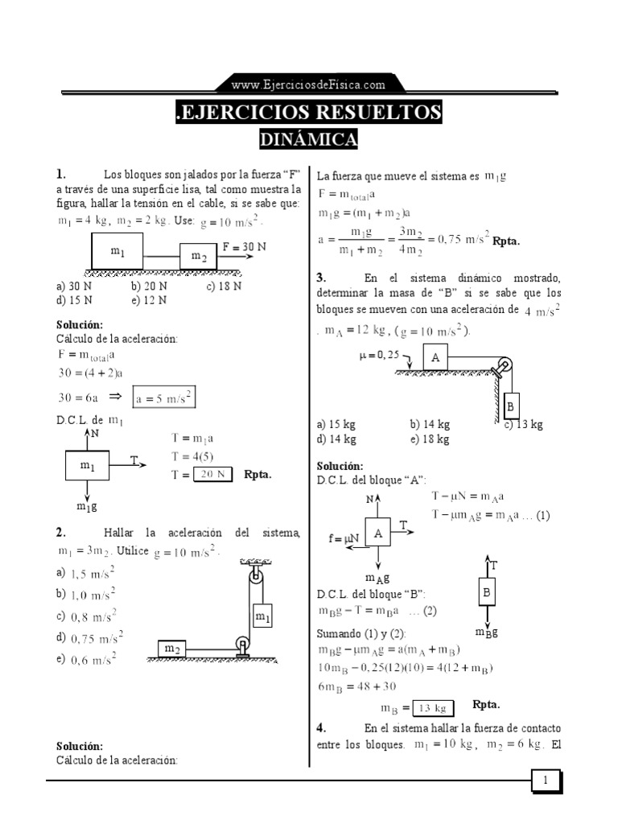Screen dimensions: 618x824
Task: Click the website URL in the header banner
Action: (x=308, y=84)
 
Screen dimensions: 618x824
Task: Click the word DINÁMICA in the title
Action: (x=308, y=139)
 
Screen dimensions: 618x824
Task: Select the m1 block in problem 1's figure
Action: (x=117, y=251)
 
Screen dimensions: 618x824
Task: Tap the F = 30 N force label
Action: (x=244, y=246)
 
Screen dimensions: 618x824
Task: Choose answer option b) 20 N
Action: (x=149, y=286)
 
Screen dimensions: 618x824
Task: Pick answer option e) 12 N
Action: (x=149, y=300)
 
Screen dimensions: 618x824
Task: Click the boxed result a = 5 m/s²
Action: (x=164, y=398)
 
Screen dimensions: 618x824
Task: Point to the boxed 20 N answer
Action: (x=212, y=474)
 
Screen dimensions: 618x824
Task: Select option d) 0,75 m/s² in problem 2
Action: (x=89, y=638)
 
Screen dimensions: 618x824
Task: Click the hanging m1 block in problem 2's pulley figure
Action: (x=262, y=616)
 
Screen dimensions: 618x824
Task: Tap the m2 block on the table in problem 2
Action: (x=172, y=649)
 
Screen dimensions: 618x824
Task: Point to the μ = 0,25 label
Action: (x=380, y=355)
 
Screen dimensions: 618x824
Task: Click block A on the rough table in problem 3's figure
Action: (x=435, y=357)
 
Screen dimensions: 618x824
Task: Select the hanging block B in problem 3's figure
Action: (x=510, y=406)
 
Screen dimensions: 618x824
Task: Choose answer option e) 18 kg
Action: (x=430, y=439)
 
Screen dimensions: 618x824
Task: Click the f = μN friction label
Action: (x=344, y=538)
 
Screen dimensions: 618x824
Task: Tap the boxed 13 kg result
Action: (x=433, y=708)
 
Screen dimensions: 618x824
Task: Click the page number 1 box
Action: (x=546, y=780)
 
